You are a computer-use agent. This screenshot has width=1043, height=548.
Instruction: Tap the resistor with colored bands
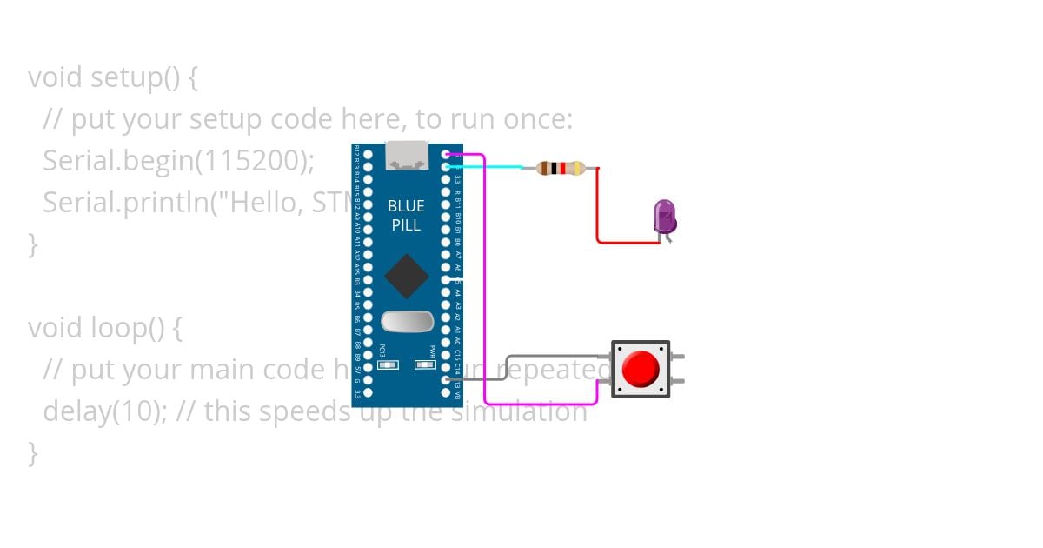coord(561,168)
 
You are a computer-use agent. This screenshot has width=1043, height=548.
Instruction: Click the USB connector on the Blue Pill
coord(407,155)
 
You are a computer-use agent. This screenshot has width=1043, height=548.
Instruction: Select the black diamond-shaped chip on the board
coord(407,277)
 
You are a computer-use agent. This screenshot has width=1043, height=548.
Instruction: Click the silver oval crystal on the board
coord(407,322)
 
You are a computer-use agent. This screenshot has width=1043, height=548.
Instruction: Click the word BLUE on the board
coord(407,206)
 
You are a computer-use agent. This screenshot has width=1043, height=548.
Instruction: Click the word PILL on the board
coord(407,225)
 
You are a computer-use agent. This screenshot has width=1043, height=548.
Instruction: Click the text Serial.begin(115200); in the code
coord(178,160)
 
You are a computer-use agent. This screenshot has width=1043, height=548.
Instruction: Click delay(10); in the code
coord(104,411)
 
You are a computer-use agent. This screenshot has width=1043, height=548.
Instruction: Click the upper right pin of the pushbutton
coord(677,356)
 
